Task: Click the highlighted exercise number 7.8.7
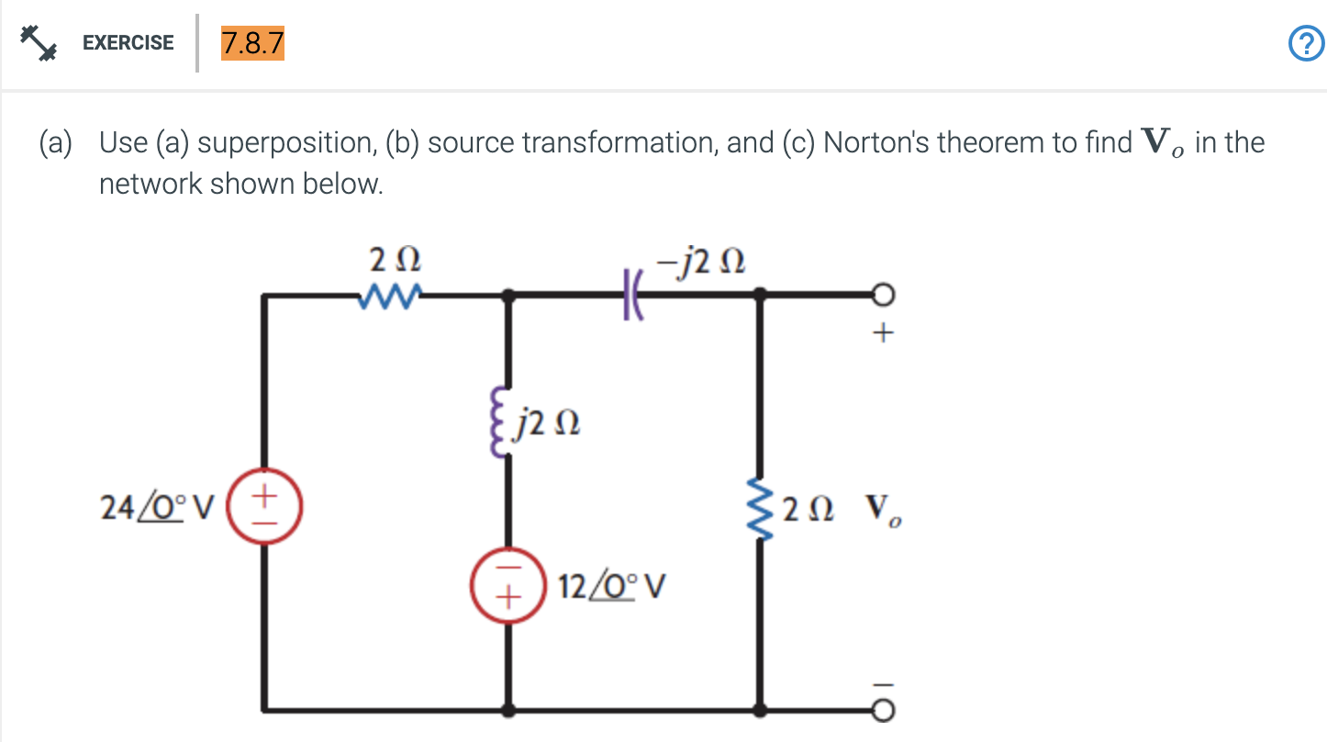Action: pos(251,42)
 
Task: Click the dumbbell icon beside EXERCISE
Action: pos(36,42)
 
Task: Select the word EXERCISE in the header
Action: pos(128,42)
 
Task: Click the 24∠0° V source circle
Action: pos(265,505)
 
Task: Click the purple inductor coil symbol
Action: pos(503,425)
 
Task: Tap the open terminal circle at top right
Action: pos(882,295)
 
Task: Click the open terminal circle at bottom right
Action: pos(882,710)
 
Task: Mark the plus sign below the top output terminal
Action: pos(882,334)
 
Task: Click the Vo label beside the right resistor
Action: pos(882,508)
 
